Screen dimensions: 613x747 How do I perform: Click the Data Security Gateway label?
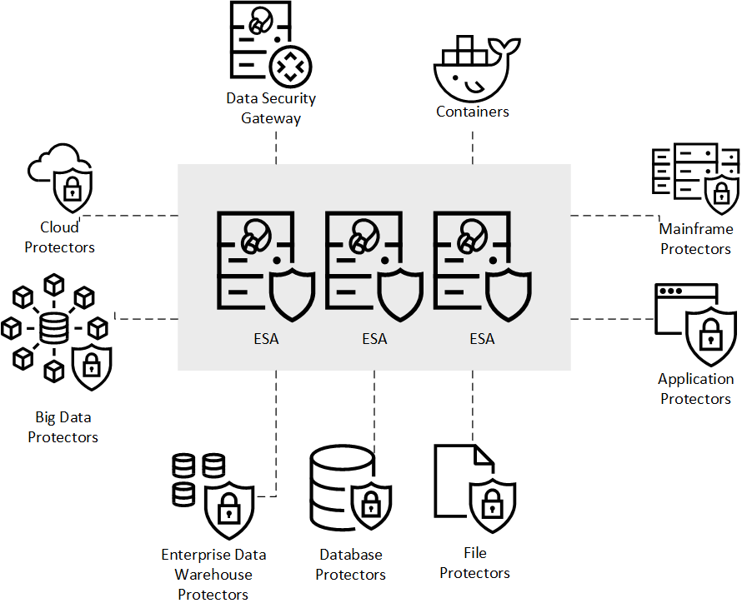(x=271, y=108)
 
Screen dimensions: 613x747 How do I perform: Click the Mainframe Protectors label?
(x=695, y=238)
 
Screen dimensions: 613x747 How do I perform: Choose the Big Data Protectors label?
(x=63, y=427)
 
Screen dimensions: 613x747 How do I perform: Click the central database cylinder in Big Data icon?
(x=54, y=330)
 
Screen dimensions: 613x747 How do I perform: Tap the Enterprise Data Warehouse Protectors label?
(x=213, y=575)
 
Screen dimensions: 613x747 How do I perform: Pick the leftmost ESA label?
(x=266, y=339)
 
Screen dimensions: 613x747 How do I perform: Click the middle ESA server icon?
(x=359, y=262)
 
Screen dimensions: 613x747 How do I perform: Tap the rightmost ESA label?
(x=482, y=339)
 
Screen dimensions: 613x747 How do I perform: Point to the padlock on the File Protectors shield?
(x=493, y=504)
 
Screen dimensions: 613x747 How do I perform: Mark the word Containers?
(x=473, y=112)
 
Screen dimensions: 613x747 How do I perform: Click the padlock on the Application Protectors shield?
(x=710, y=336)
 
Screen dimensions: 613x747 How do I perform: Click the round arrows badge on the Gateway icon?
(x=291, y=64)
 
